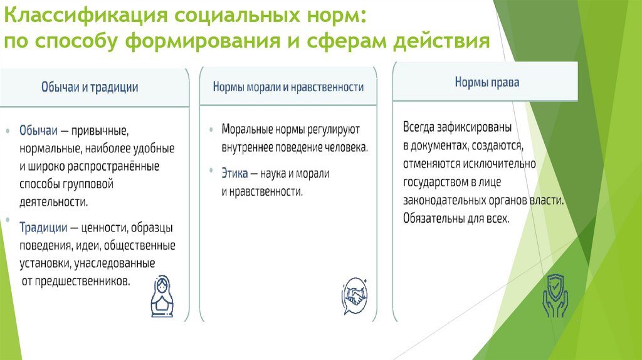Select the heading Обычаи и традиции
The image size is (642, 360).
tap(90, 87)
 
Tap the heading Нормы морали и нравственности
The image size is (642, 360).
tap(288, 87)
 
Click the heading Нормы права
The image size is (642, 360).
tap(487, 82)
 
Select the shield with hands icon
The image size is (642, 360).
tap(555, 294)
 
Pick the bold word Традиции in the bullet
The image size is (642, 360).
tap(43, 227)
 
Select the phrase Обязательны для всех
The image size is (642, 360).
tap(456, 219)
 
